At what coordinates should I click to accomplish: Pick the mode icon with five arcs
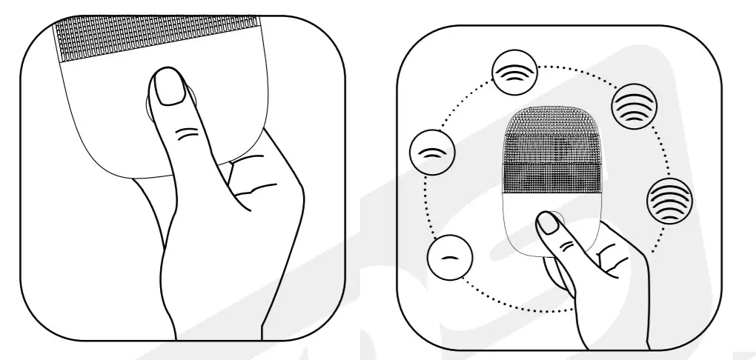click(669, 200)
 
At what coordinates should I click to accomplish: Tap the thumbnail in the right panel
click(548, 223)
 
